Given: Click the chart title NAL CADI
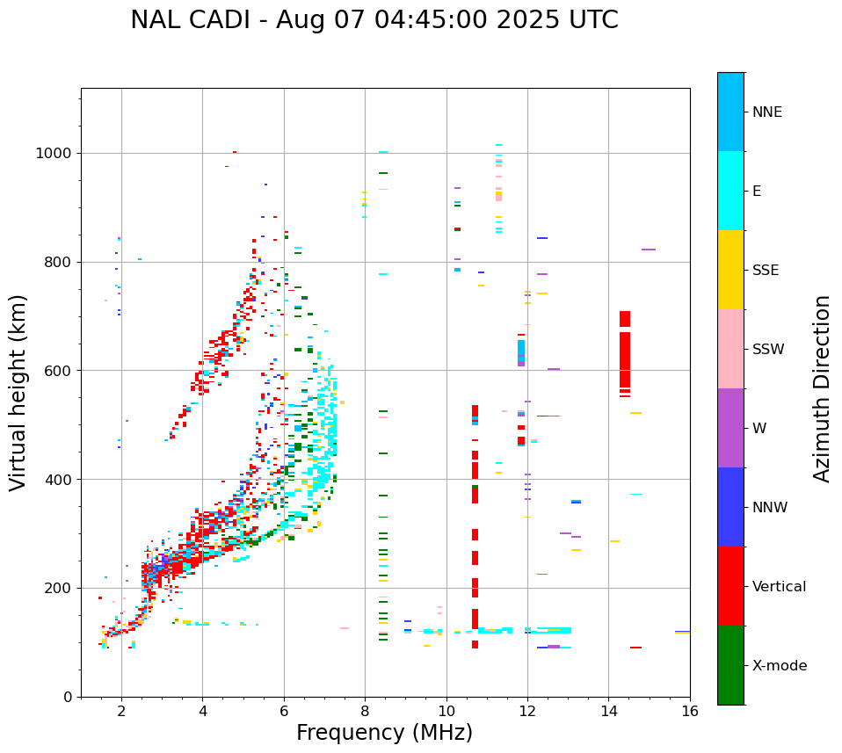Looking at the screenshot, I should pos(374,20).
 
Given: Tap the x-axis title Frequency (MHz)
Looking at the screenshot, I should pos(384,733).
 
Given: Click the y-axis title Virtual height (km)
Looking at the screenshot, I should pos(18,392).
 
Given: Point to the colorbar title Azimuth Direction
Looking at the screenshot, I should pos(822,388).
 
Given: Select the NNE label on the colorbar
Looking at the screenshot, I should pos(766,112).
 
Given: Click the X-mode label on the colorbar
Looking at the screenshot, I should pos(779,666).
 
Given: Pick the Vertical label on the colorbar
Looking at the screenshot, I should pos(779,587).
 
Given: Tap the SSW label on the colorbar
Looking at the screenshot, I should pos(768,350).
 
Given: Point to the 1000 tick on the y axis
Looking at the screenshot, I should pos(55,153).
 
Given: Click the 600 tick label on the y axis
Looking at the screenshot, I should pos(60,371).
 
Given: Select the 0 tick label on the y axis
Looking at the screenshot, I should pos(68,697).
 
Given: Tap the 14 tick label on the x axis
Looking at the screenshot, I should pos(608,711).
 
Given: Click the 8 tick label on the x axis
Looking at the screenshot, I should pos(365,711).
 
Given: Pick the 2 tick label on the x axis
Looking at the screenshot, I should pos(121,711).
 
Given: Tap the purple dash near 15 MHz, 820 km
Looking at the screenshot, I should pos(649,250).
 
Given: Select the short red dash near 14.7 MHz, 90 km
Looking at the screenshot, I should pos(635,648).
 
